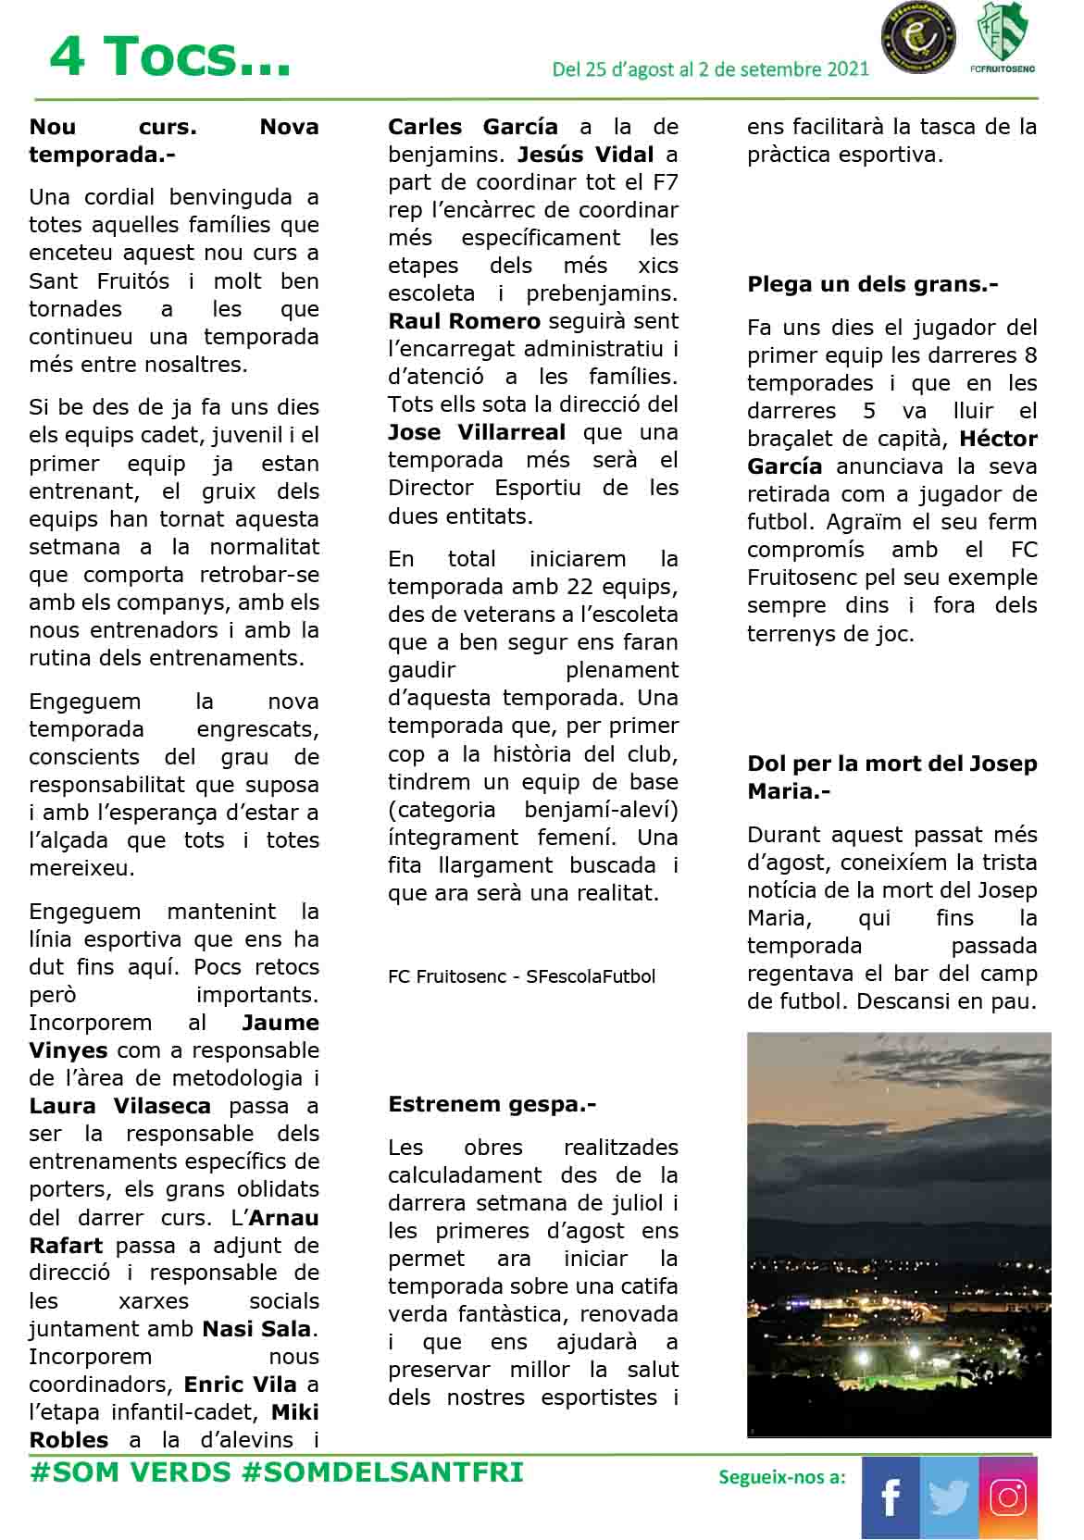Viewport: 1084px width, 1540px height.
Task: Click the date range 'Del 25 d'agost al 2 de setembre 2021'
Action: coord(710,69)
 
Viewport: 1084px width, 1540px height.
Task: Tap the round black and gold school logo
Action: coord(916,39)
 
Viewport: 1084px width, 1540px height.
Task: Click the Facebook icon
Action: coord(891,1497)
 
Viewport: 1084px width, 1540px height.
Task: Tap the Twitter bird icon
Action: coord(949,1497)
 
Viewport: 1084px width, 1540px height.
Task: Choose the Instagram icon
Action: coord(1008,1497)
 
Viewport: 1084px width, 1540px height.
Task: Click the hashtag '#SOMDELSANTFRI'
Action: coord(382,1472)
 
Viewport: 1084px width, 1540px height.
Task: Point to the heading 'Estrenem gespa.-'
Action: coord(492,1104)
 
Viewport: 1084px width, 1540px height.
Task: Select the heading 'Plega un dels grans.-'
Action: coord(872,284)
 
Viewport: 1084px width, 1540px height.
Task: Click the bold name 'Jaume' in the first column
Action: coord(280,1023)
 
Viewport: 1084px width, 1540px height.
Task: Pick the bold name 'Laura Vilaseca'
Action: coord(120,1106)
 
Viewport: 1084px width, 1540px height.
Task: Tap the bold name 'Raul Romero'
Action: coord(464,321)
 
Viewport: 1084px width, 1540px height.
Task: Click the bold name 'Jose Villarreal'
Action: coord(477,432)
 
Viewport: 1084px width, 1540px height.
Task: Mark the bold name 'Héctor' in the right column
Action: coord(998,439)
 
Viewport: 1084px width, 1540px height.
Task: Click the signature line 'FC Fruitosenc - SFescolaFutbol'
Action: coord(521,976)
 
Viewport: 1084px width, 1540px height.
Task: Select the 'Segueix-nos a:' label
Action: coord(781,1477)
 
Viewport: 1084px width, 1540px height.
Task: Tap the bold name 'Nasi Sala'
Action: coord(257,1329)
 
